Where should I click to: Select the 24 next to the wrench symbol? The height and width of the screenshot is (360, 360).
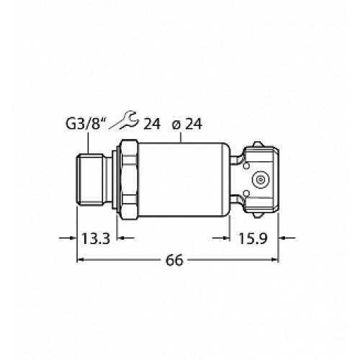[151, 124]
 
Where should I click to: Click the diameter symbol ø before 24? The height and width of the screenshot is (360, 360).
[176, 124]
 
